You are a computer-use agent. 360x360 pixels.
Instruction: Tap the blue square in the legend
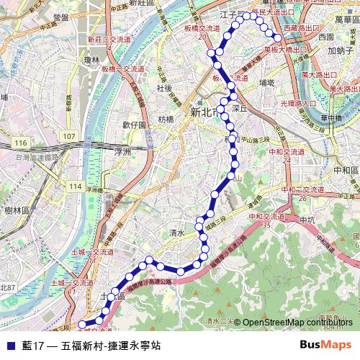pyautogui.click(x=9, y=345)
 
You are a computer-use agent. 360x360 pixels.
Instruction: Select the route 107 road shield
pyautogui.click(x=68, y=136)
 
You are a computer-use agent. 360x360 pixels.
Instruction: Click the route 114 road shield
pyautogui.click(x=75, y=186)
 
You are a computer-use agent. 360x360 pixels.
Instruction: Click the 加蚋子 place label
pyautogui.click(x=338, y=50)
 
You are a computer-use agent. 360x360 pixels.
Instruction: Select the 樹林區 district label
pyautogui.click(x=16, y=210)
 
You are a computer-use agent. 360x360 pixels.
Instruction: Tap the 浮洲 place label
pyautogui.click(x=122, y=153)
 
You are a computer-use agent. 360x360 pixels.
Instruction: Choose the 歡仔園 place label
pyautogui.click(x=134, y=125)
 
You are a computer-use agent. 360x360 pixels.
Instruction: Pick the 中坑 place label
pyautogui.click(x=307, y=220)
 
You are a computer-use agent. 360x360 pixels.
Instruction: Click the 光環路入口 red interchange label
pyautogui.click(x=298, y=103)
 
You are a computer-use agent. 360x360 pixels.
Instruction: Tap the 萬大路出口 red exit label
pyautogui.click(x=320, y=74)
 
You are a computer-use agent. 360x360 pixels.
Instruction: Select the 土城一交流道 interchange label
pyautogui.click(x=93, y=252)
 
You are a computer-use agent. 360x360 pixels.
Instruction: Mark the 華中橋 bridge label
pyautogui.click(x=330, y=119)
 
